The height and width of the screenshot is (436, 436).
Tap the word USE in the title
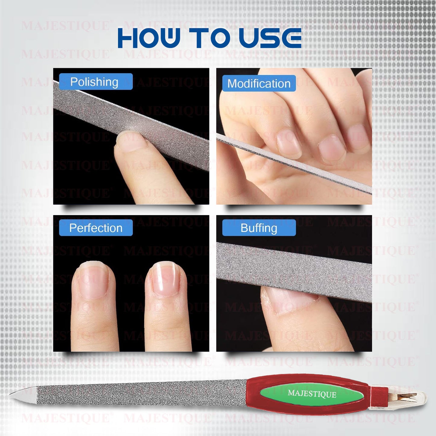(x=270, y=38)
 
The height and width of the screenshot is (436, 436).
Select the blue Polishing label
(x=96, y=82)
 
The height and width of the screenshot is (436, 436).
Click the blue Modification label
(x=259, y=83)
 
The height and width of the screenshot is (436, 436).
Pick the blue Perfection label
(x=96, y=228)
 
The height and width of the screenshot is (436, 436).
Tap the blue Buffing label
(x=259, y=228)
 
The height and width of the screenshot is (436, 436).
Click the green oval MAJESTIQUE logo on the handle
(x=312, y=394)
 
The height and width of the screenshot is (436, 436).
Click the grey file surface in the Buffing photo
(x=294, y=272)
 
